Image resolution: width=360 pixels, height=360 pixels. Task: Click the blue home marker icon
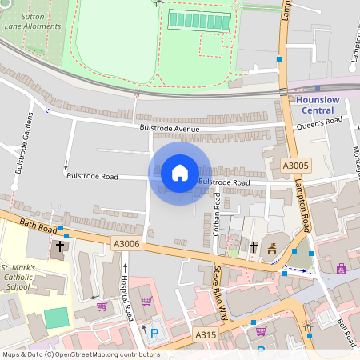(x=180, y=173)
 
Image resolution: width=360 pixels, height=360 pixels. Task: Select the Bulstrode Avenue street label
(x=169, y=128)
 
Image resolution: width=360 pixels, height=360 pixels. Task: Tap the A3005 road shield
(x=295, y=166)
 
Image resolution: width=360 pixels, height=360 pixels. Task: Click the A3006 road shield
(x=126, y=244)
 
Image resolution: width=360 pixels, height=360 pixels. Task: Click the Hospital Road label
(x=125, y=294)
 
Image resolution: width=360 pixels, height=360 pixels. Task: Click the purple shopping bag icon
(x=146, y=302)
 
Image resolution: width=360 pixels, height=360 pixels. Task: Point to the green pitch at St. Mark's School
(x=56, y=318)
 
